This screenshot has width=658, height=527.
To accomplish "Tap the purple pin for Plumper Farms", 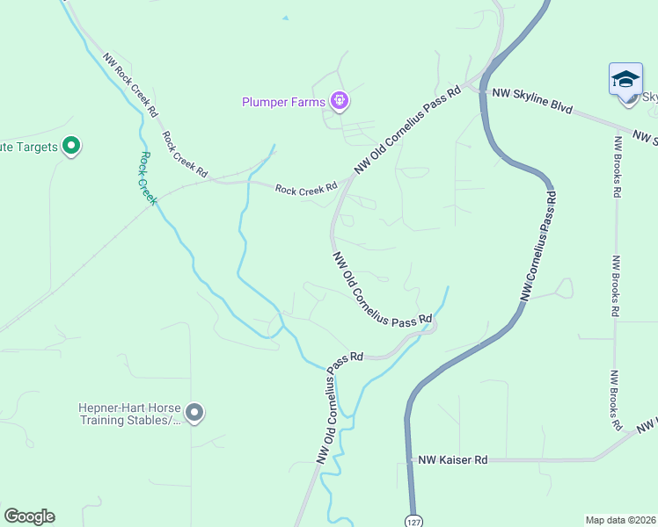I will coord(340,102).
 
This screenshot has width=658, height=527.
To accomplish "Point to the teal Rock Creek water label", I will coord(147,178).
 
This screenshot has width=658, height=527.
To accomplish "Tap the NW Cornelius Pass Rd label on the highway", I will coord(537,249).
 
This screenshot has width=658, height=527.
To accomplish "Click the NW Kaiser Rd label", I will coord(452,459).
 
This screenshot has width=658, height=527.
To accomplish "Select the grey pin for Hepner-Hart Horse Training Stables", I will coord(194,412).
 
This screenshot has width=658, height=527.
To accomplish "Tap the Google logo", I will coord(29,516).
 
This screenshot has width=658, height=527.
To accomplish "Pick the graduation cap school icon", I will coord(625,79).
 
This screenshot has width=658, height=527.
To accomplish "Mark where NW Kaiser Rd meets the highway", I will coord(410,459).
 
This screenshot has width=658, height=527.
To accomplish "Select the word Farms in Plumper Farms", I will coord(307,102).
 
